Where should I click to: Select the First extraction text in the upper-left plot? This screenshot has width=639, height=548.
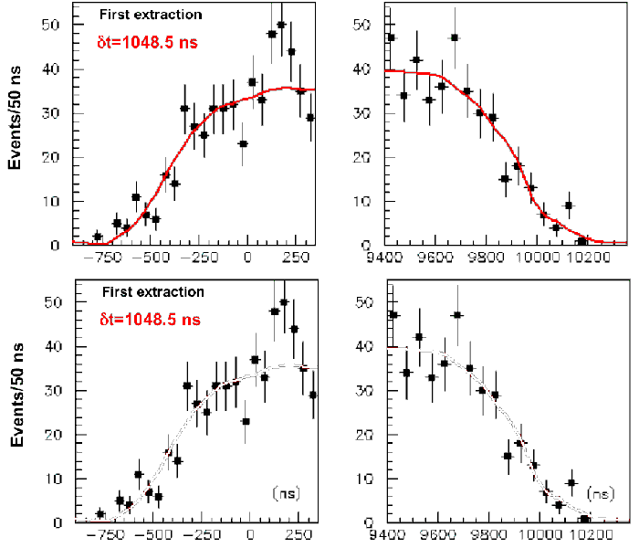(150, 16)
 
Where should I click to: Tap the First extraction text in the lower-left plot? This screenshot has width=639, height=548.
(150, 293)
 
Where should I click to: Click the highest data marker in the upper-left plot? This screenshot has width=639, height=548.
(282, 25)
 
